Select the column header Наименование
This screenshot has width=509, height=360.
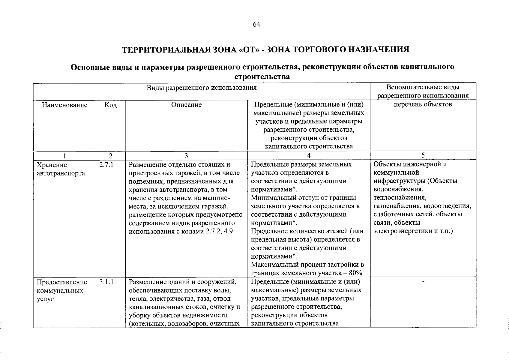(x=64, y=105)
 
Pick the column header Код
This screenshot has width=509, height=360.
(x=110, y=105)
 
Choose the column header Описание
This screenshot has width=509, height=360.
(x=186, y=105)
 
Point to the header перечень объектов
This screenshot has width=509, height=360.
(x=423, y=104)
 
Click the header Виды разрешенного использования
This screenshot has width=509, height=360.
(x=202, y=88)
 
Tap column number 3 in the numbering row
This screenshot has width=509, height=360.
(x=186, y=156)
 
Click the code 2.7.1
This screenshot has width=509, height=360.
(x=106, y=165)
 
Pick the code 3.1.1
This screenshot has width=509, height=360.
(x=106, y=282)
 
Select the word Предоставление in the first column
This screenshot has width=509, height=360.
(x=62, y=282)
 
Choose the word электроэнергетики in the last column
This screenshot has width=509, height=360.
(x=403, y=231)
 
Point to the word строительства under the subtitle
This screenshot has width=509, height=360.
(x=262, y=77)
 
